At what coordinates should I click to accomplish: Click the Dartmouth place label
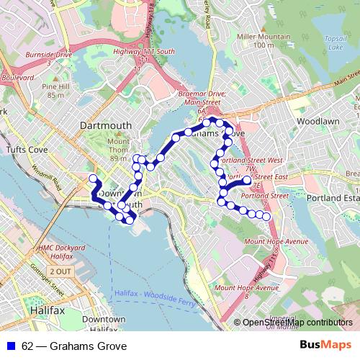106,125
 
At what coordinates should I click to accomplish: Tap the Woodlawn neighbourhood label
318,122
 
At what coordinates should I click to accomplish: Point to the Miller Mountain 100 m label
257,40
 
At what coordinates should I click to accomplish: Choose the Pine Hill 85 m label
56,91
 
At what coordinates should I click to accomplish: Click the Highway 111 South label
150,52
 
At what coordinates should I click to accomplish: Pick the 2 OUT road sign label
60,271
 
